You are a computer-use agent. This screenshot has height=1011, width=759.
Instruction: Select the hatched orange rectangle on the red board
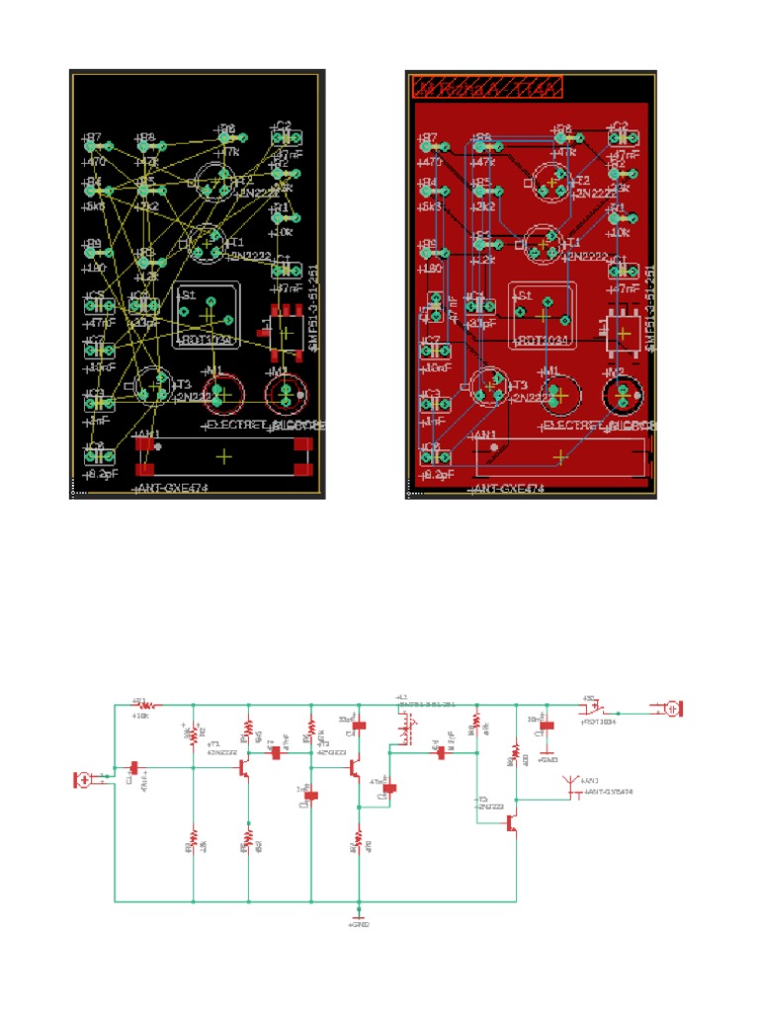pyautogui.click(x=487, y=86)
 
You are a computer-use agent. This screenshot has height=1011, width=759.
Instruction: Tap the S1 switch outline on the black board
pyautogui.click(x=207, y=315)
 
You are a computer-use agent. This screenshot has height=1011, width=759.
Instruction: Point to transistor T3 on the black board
pyautogui.click(x=153, y=384)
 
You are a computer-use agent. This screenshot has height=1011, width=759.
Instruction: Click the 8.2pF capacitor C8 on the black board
pyautogui.click(x=95, y=454)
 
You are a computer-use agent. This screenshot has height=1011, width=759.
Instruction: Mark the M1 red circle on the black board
pyautogui.click(x=221, y=394)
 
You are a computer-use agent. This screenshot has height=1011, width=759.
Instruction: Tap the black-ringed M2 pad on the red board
pyautogui.click(x=623, y=396)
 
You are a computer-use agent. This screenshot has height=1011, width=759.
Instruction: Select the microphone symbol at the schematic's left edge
pyautogui.click(x=85, y=780)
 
